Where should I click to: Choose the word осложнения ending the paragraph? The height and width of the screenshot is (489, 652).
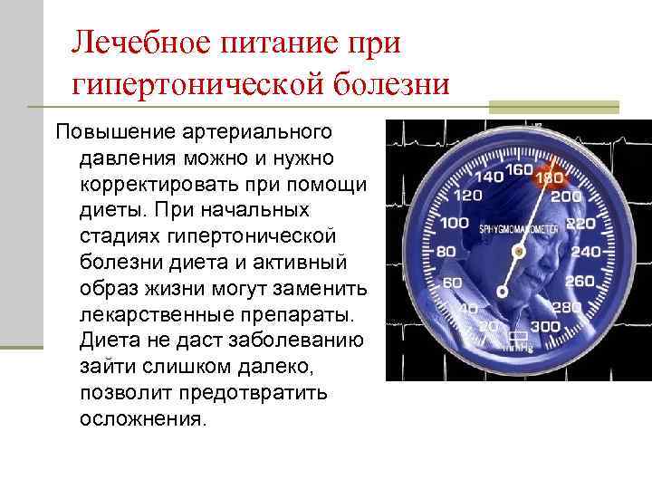143,420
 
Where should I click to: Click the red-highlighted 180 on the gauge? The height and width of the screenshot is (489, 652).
550,179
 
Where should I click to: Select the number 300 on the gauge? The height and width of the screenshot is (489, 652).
545,326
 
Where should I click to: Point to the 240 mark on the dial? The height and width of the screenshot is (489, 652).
587,251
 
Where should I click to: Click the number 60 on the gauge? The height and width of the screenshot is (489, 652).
451,283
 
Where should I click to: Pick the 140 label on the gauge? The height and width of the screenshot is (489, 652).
489,177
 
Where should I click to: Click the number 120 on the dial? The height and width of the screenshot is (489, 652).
467,195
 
